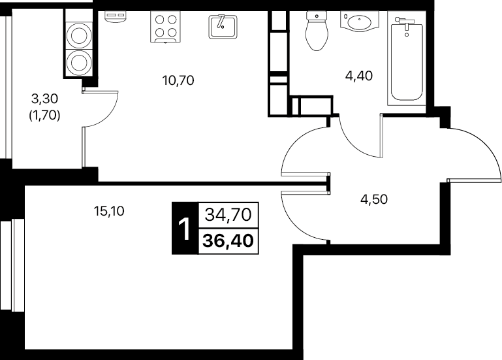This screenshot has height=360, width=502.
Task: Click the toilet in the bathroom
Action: pos(317,31)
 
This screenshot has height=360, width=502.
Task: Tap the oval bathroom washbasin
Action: pos(359,22)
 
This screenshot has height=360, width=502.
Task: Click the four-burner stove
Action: pos(166,27)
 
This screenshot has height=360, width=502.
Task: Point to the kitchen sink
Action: pos(223,27)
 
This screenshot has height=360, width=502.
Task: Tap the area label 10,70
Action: pos(178,80)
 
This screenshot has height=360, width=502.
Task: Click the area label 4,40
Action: pos(359,76)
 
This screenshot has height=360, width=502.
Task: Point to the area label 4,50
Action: pos(374,199)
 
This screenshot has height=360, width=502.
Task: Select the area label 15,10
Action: pos(109,211)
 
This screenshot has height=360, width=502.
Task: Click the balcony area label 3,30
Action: pos(45,99)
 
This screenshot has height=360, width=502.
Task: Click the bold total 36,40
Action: pos(228,240)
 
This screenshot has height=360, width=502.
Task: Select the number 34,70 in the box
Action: pos(228,215)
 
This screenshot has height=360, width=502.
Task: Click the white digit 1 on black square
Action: pos(184,229)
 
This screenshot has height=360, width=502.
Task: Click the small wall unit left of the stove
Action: pos(116,17)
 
